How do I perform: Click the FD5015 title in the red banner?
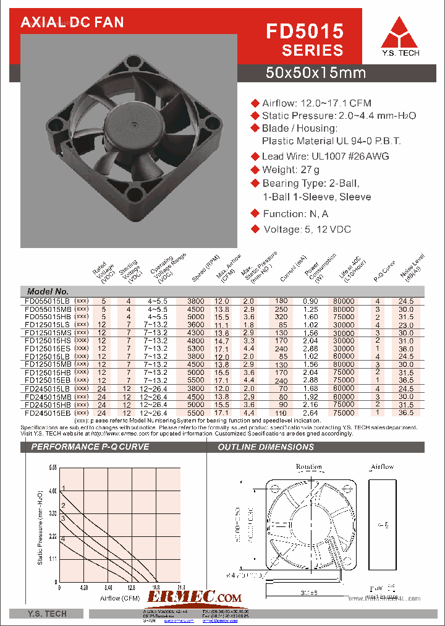(x=304, y=31)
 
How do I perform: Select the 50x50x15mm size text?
(x=315, y=73)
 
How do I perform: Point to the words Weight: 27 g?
(x=290, y=169)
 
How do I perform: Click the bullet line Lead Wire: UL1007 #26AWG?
(x=325, y=156)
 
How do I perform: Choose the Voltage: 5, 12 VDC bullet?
(x=306, y=229)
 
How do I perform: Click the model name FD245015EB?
(x=47, y=412)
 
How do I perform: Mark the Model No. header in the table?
(x=48, y=291)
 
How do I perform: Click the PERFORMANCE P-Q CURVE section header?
(x=90, y=446)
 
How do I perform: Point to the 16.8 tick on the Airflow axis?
(x=156, y=587)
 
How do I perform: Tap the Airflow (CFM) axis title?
(x=121, y=598)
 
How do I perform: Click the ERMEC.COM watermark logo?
(x=195, y=597)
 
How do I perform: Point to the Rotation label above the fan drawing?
(x=308, y=466)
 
